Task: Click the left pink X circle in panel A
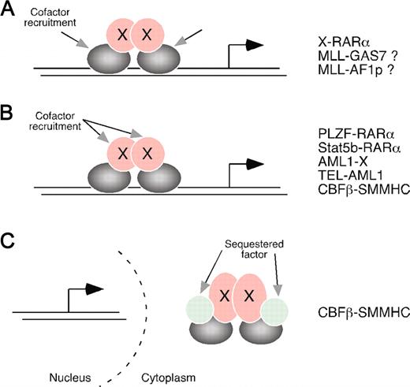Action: coord(121,36)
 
